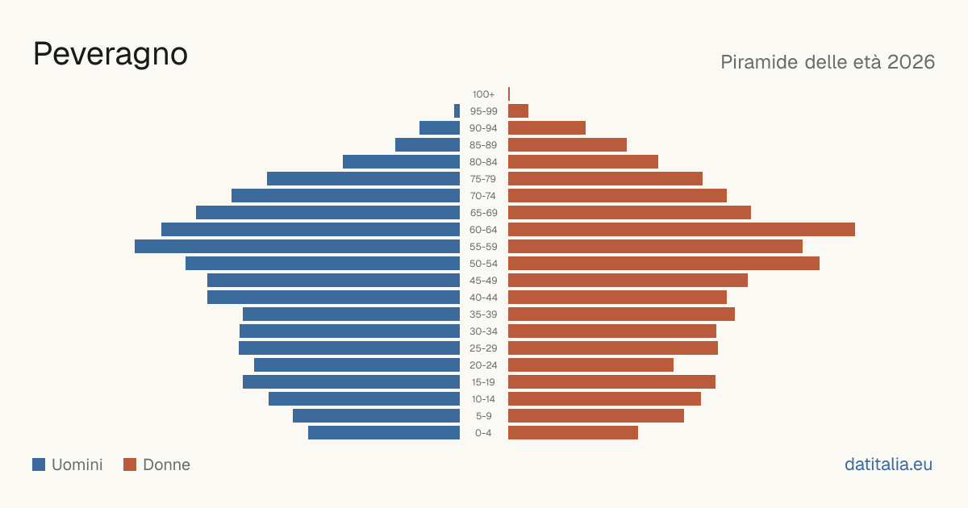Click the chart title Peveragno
pyautogui.click(x=111, y=55)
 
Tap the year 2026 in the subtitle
pyautogui.click(x=911, y=62)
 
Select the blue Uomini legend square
pyautogui.click(x=39, y=464)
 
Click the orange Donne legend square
pyautogui.click(x=130, y=464)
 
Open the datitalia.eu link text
pyautogui.click(x=888, y=464)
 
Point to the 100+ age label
pyautogui.click(x=483, y=94)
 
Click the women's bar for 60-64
pyautogui.click(x=682, y=229)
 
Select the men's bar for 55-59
pyautogui.click(x=298, y=246)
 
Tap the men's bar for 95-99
pyautogui.click(x=457, y=111)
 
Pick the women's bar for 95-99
pyautogui.click(x=518, y=111)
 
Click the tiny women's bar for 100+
pyautogui.click(x=509, y=94)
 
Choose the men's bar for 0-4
pyautogui.click(x=384, y=432)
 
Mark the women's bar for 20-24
pyautogui.click(x=590, y=365)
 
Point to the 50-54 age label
pyautogui.click(x=483, y=264)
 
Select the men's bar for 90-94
pyautogui.click(x=440, y=128)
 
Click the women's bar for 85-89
pyautogui.click(x=567, y=144)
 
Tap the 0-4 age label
pyautogui.click(x=483, y=433)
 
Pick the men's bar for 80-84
pyautogui.click(x=402, y=161)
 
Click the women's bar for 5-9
pyautogui.click(x=596, y=415)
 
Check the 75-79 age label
pyautogui.click(x=483, y=179)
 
